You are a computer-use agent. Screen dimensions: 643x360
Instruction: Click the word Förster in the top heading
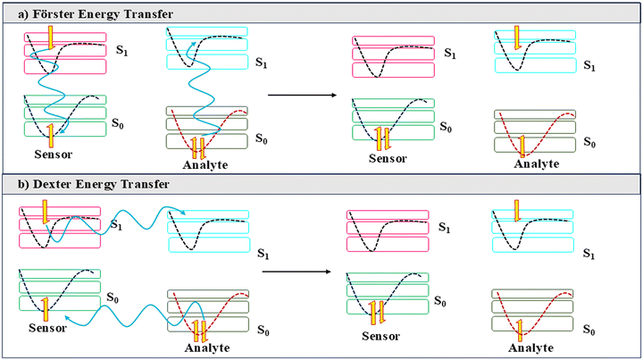tap(54, 14)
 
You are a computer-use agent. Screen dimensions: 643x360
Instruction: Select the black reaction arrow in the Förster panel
tap(302, 95)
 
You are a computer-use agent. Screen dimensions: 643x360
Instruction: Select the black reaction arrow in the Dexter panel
tap(296, 272)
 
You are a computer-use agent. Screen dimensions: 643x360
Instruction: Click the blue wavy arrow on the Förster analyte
tap(204, 91)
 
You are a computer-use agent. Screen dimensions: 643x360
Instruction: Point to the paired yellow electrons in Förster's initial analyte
tap(198, 149)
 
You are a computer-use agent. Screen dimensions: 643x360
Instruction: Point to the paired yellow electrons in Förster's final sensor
tap(382, 138)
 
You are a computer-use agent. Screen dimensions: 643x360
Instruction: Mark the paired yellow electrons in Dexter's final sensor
tap(377, 313)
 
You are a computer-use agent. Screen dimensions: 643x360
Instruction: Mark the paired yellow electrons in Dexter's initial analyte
tap(200, 331)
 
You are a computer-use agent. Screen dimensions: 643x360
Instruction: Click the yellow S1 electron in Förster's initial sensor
tap(50, 38)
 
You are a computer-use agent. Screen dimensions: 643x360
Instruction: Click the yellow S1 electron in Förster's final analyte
tap(517, 38)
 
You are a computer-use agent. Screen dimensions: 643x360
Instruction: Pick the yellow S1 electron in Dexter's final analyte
tap(516, 211)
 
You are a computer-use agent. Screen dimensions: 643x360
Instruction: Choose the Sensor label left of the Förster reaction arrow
tap(54, 155)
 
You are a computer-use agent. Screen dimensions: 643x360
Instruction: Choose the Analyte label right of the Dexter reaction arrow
tap(531, 348)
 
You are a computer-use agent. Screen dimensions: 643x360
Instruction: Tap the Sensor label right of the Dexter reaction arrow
tap(380, 337)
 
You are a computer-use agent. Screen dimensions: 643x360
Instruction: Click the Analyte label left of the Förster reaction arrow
tap(205, 165)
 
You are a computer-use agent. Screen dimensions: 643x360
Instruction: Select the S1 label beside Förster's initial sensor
tap(121, 50)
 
